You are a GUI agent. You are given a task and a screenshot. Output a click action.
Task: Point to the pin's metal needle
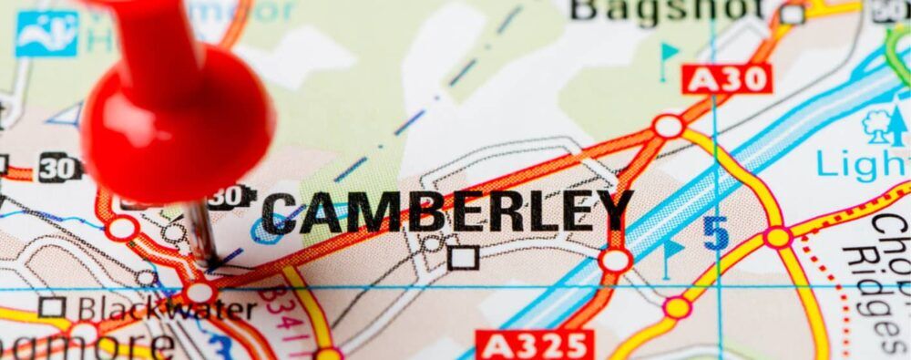(x=201, y=233)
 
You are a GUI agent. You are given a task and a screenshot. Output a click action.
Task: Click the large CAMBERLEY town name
(x=446, y=212)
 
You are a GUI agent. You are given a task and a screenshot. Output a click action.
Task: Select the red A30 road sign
(x=727, y=79)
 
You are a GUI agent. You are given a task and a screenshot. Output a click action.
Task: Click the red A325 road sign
(x=536, y=345)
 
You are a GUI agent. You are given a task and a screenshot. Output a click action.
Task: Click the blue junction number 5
(x=716, y=234)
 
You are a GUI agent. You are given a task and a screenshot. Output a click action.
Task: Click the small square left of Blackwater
(x=52, y=306)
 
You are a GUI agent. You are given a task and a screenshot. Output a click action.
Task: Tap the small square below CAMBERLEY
(x=463, y=258)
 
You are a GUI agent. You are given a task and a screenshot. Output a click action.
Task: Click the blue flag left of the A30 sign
(x=670, y=54)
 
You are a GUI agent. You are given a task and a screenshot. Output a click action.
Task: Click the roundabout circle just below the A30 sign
(x=668, y=126)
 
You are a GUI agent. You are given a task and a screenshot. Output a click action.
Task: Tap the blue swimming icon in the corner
(x=46, y=33)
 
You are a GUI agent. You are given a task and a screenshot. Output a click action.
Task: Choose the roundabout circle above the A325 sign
(x=615, y=261)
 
